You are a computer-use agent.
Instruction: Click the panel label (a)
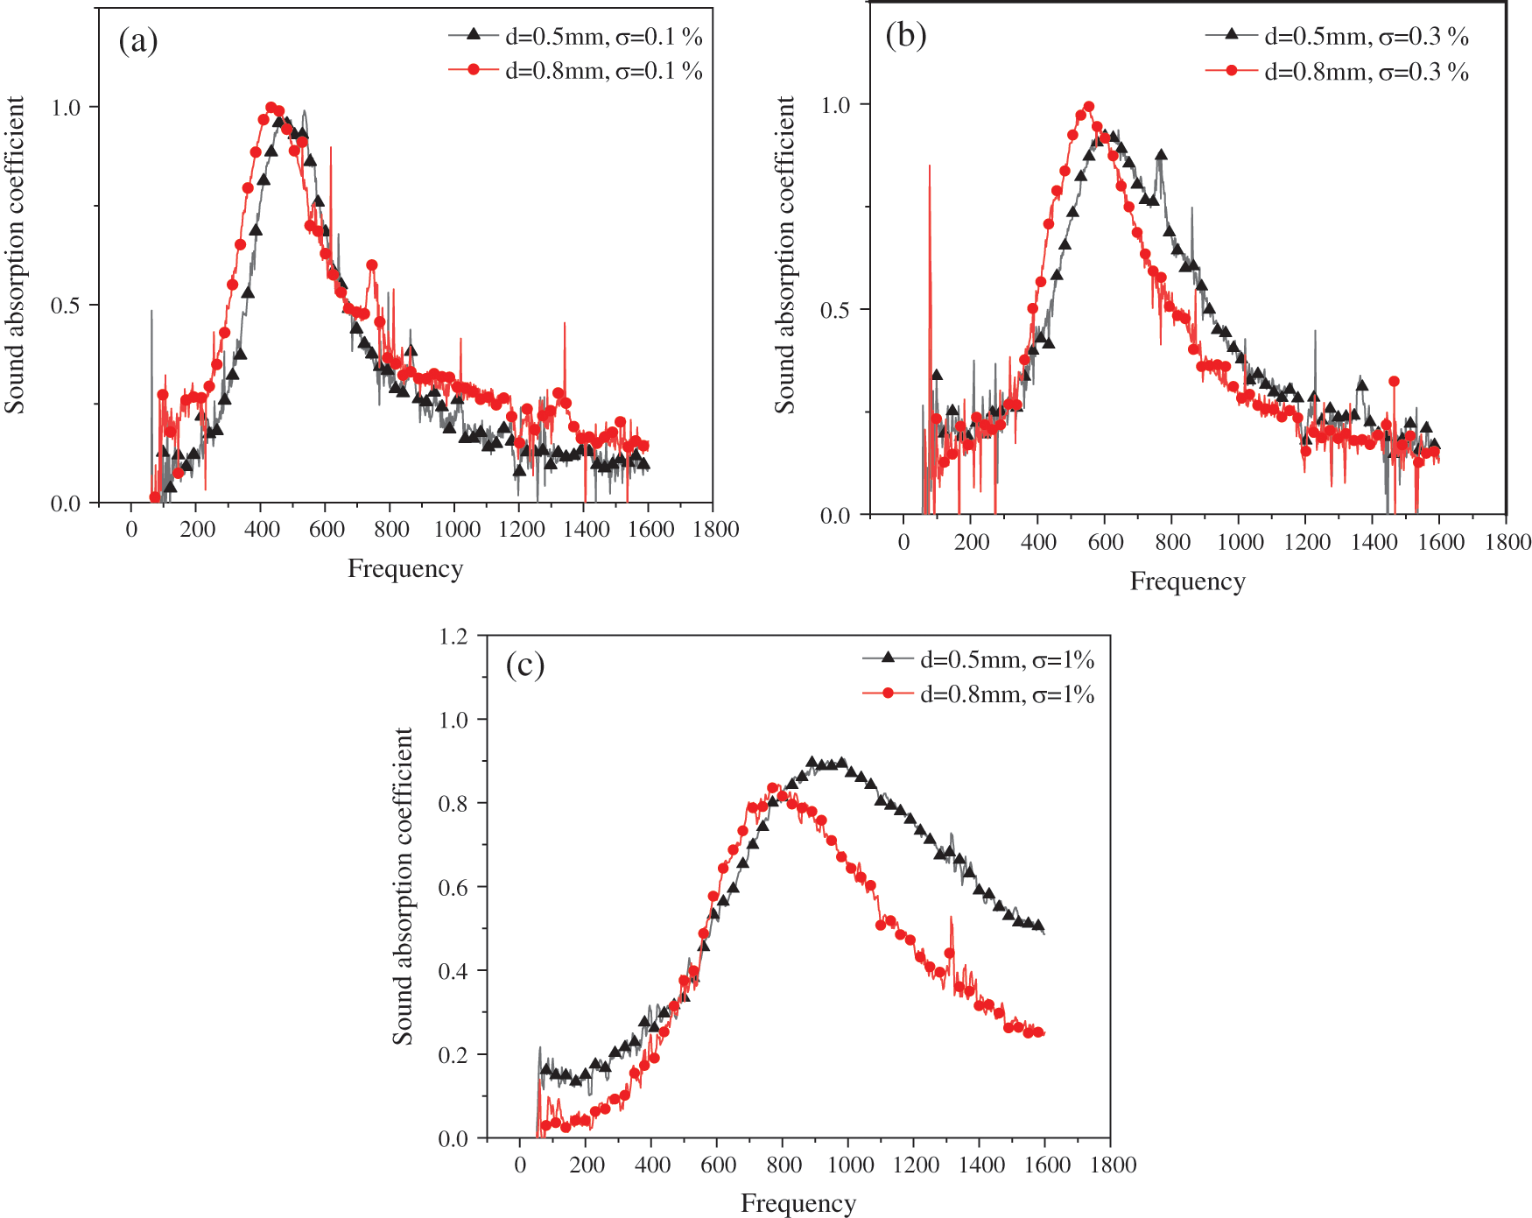[138, 41]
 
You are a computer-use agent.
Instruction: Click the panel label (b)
[905, 35]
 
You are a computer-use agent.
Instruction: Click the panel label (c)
[525, 665]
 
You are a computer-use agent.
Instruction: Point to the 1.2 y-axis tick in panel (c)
[453, 636]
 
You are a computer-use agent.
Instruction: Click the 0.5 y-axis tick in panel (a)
[66, 306]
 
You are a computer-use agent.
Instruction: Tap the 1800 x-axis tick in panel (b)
[1507, 542]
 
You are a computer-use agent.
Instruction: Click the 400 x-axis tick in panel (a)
[263, 529]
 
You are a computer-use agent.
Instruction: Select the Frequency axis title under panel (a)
[404, 569]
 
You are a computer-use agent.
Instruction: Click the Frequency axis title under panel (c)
[798, 1203]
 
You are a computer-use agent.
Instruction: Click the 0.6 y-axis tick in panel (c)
[453, 887]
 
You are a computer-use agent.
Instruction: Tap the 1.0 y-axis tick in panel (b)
[835, 105]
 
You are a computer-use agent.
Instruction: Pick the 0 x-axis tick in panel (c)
[521, 1165]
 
